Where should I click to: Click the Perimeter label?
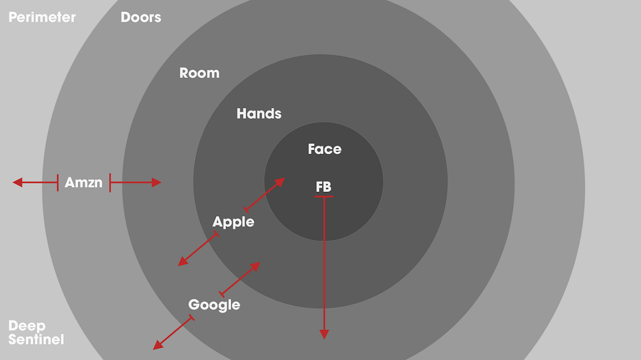42,18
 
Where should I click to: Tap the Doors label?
141,18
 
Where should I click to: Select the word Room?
199,73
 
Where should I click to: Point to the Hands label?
259,114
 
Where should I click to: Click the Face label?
324,149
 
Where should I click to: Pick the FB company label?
324,187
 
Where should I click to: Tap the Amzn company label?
83,182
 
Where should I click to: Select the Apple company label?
233,222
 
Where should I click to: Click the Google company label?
214,305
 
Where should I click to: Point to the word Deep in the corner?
27,326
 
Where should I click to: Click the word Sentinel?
36,340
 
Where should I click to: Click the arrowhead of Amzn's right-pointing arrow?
157,182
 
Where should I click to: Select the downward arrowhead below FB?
324,334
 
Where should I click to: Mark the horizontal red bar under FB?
324,196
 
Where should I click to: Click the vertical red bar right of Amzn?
110,182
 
